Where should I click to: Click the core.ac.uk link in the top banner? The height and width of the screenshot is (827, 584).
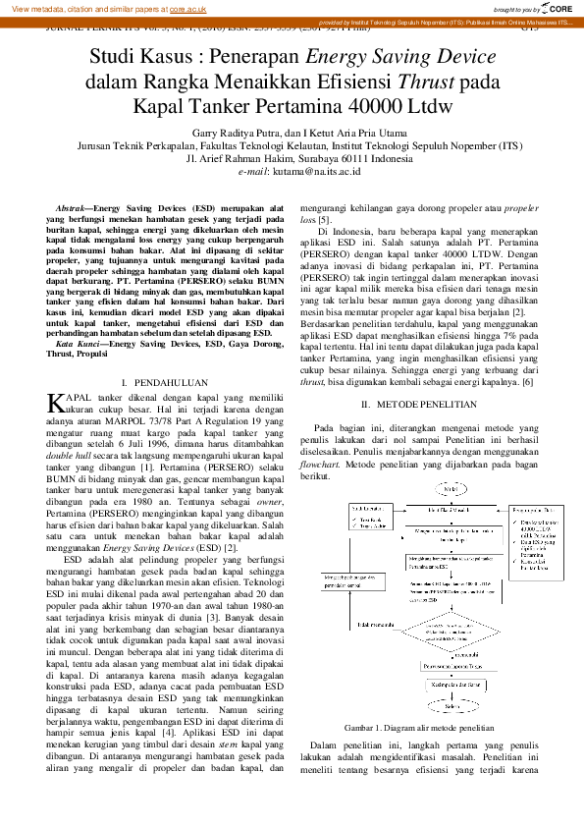click(x=187, y=9)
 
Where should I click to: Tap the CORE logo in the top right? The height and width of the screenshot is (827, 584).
click(x=557, y=8)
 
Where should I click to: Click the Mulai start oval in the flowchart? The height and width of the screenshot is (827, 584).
click(x=451, y=488)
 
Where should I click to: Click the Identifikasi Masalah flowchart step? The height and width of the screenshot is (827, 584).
click(x=451, y=511)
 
